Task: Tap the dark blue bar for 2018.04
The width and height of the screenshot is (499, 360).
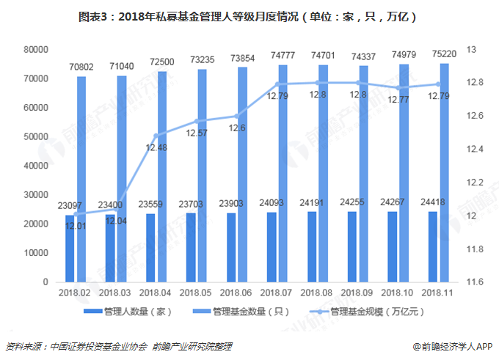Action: (150, 248)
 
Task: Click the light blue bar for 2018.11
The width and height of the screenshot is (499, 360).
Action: (445, 172)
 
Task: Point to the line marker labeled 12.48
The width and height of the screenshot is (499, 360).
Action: (156, 135)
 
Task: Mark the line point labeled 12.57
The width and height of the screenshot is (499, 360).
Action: (197, 121)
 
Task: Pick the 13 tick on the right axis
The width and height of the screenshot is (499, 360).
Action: (472, 49)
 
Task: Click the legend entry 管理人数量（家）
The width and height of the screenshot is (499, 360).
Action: (128, 311)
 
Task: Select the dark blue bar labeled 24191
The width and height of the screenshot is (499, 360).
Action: (312, 246)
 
